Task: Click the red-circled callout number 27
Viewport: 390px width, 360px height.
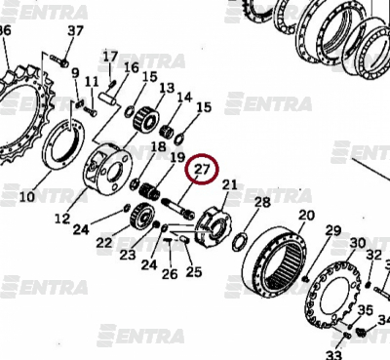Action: click(202, 169)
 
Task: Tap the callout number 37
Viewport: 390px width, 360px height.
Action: click(75, 31)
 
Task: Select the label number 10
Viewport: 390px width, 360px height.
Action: click(27, 197)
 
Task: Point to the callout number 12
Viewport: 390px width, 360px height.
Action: click(62, 219)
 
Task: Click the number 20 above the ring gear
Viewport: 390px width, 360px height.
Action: click(306, 215)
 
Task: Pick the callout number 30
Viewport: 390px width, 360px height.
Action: click(358, 243)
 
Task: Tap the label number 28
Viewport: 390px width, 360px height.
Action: click(262, 202)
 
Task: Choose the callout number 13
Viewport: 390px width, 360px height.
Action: click(167, 88)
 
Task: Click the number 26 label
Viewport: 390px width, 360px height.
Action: click(170, 274)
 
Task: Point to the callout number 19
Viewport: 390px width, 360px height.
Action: click(177, 158)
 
